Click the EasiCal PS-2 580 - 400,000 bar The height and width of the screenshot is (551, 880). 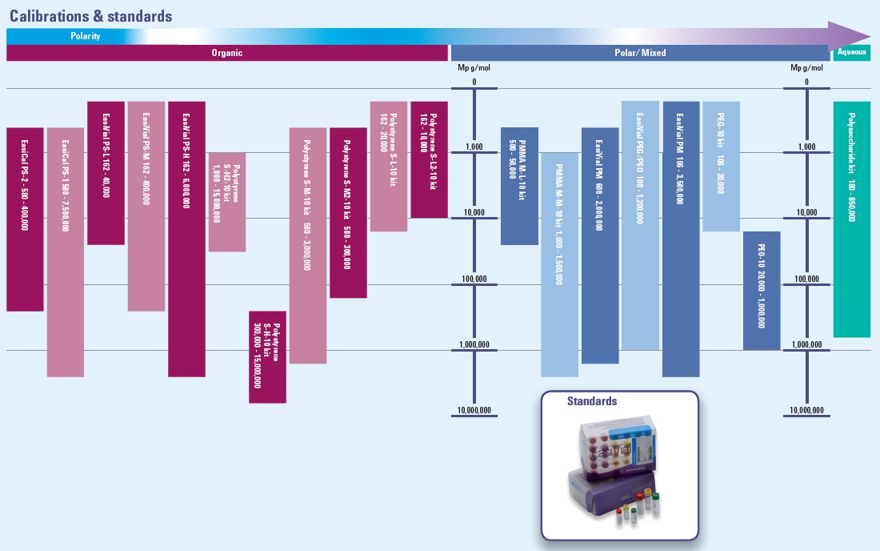click(25, 219)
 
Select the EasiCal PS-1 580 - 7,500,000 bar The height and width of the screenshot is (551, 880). click(66, 251)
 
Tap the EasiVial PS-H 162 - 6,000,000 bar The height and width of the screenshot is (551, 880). click(186, 239)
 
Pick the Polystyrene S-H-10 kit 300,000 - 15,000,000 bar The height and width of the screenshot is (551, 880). click(267, 356)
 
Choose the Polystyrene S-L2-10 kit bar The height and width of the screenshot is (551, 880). click(429, 159)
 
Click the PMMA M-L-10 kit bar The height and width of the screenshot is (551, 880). click(519, 186)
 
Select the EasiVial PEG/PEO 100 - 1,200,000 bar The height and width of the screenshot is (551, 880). click(640, 225)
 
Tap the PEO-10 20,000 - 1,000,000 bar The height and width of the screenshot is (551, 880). click(762, 290)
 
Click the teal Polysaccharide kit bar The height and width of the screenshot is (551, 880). click(851, 219)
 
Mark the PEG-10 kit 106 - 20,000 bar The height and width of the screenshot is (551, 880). click(721, 166)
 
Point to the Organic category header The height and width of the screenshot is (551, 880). click(226, 53)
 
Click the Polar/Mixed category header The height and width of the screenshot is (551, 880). click(640, 53)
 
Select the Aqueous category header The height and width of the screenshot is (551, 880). click(851, 53)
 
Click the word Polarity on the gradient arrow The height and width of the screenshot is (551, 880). click(85, 36)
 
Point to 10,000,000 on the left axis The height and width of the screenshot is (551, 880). click(474, 411)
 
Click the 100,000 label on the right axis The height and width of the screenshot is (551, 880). click(806, 279)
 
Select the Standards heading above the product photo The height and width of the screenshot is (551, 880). click(592, 401)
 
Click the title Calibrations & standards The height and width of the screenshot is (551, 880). click(90, 15)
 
